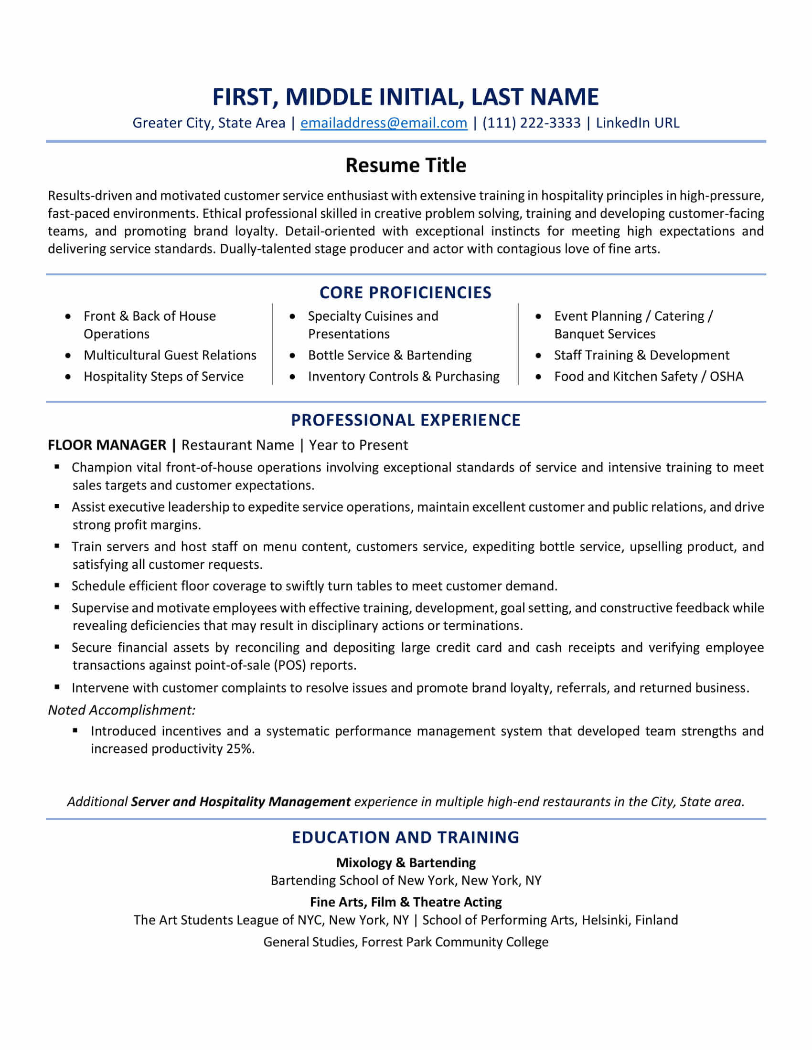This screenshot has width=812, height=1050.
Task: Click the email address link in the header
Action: pos(384,123)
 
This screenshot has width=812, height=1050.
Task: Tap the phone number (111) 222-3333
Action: pos(531,123)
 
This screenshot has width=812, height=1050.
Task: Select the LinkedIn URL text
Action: pos(637,123)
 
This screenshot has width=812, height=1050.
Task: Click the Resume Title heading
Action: pos(406,166)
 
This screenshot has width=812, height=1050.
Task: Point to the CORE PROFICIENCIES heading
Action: pos(406,292)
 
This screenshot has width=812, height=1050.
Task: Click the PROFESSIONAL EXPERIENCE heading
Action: pos(406,420)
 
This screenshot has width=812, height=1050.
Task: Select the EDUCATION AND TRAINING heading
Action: pos(406,837)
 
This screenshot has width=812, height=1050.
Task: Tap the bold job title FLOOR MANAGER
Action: pos(107,445)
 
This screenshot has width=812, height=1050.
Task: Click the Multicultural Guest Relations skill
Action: pos(170,355)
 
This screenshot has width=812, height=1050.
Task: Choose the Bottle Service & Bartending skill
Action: pos(390,355)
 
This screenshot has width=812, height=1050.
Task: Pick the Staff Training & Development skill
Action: pos(641,355)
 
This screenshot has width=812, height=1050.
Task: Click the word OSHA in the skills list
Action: pos(727,376)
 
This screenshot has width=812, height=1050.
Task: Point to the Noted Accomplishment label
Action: pos(121,710)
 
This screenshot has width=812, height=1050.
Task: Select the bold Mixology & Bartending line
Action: pos(406,862)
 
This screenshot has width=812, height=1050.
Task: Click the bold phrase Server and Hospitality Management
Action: pos(241,801)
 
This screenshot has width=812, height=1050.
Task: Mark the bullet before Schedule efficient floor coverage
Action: pos(57,585)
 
